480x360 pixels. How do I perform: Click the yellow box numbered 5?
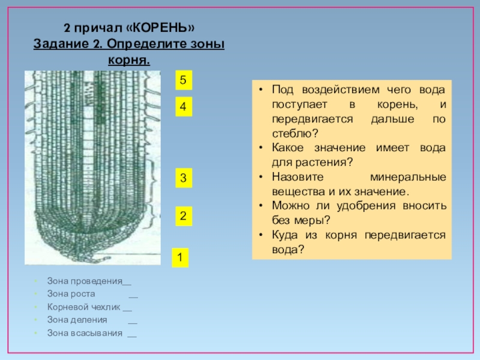[x=183, y=80]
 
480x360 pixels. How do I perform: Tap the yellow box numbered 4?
[x=183, y=107]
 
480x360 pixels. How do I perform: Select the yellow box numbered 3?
[x=183, y=178]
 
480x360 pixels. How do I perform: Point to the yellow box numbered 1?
[x=179, y=257]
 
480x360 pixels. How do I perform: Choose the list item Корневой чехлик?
[x=83, y=307]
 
